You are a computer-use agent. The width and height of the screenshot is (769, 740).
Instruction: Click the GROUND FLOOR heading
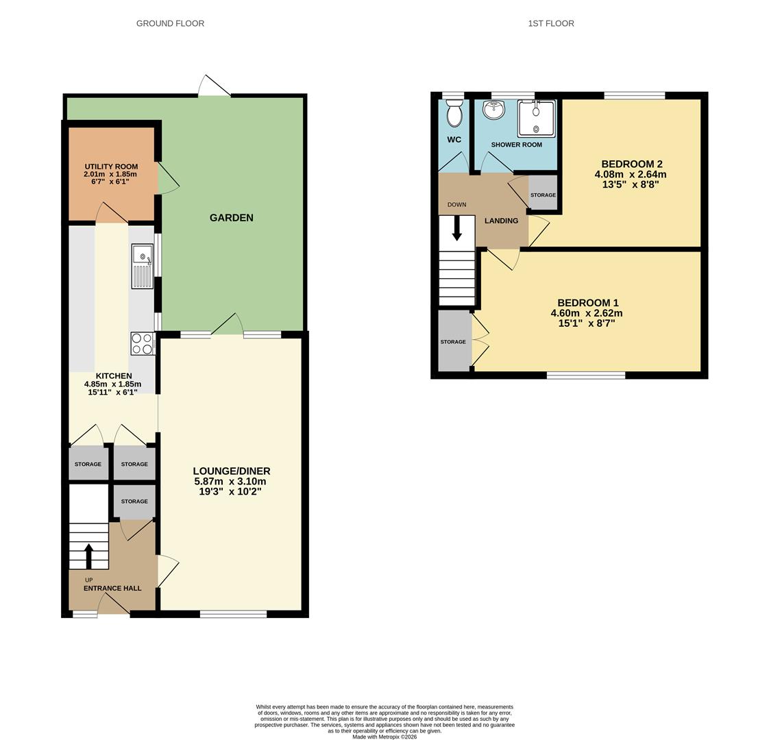pyautogui.click(x=170, y=23)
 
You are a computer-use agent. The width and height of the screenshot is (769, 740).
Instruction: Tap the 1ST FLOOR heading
pyautogui.click(x=550, y=23)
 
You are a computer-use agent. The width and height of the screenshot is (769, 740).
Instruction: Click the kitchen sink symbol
pyautogui.click(x=142, y=267)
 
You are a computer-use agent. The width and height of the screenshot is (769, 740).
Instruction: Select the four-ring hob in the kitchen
pyautogui.click(x=142, y=343)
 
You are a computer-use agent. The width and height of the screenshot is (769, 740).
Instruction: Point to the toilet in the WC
pyautogui.click(x=454, y=113)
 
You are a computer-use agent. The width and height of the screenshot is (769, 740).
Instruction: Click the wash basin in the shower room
pyautogui.click(x=493, y=110)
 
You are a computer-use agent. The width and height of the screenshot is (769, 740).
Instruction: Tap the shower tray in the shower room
pyautogui.click(x=536, y=119)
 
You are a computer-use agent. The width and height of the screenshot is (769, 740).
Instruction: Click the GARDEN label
pyautogui.click(x=231, y=218)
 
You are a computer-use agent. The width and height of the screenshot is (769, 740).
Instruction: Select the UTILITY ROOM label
pyautogui.click(x=111, y=166)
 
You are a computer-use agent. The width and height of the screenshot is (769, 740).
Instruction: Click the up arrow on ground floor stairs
pyautogui.click(x=88, y=556)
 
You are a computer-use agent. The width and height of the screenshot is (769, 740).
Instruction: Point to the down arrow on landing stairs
pyautogui.click(x=457, y=229)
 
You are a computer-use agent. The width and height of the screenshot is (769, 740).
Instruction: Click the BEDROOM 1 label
pyautogui.click(x=587, y=303)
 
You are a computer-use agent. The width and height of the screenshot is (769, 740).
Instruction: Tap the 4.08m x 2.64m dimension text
pyautogui.click(x=630, y=174)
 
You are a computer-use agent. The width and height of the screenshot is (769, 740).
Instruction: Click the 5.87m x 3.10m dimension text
pyautogui.click(x=231, y=482)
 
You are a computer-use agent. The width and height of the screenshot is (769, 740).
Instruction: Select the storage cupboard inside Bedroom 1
pyautogui.click(x=453, y=341)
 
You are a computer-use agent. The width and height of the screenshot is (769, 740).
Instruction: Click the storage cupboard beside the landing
pyautogui.click(x=543, y=195)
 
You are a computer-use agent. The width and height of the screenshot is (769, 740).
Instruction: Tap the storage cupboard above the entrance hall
pyautogui.click(x=134, y=502)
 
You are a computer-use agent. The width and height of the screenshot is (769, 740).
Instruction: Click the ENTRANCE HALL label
pyautogui.click(x=112, y=588)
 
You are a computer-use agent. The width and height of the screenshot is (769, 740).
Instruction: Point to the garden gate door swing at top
pyautogui.click(x=214, y=86)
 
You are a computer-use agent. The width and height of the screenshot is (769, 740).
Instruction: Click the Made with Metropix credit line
pyautogui.click(x=384, y=737)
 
